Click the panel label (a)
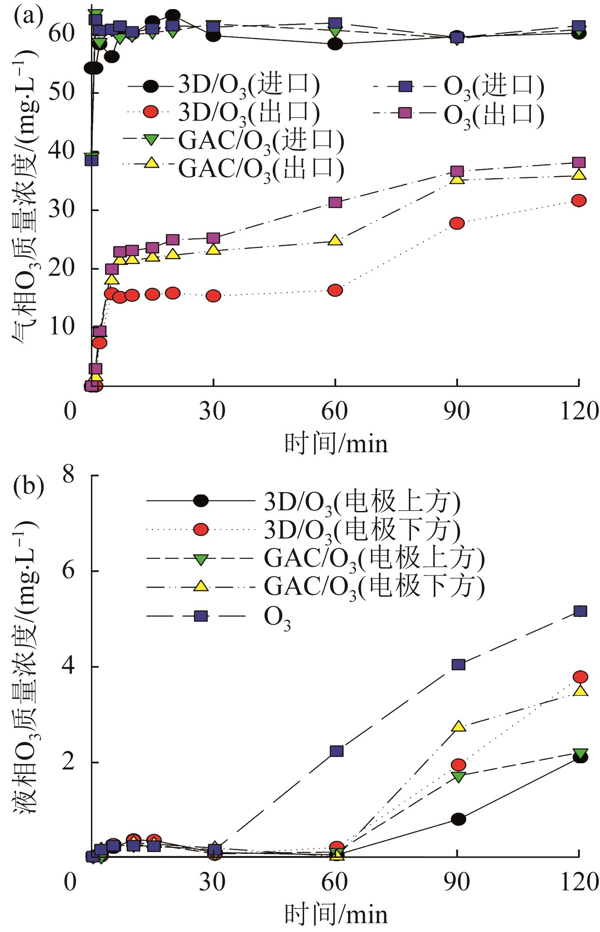[x=28, y=17]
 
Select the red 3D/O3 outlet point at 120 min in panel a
[x=579, y=200]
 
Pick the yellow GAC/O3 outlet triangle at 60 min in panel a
[x=335, y=240]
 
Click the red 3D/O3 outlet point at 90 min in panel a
[x=457, y=223]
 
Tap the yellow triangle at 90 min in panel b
[x=458, y=727]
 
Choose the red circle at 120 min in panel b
[x=580, y=677]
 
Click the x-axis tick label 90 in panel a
[x=456, y=411]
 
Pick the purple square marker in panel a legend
[x=405, y=113]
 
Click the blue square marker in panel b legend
[x=200, y=616]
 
